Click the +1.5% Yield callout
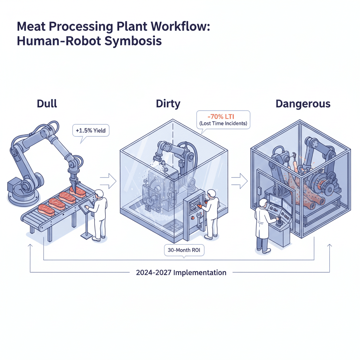pos(90,131)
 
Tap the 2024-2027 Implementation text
pos(181,272)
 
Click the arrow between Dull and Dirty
pos(108,181)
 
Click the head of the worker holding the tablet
pos(99,193)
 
